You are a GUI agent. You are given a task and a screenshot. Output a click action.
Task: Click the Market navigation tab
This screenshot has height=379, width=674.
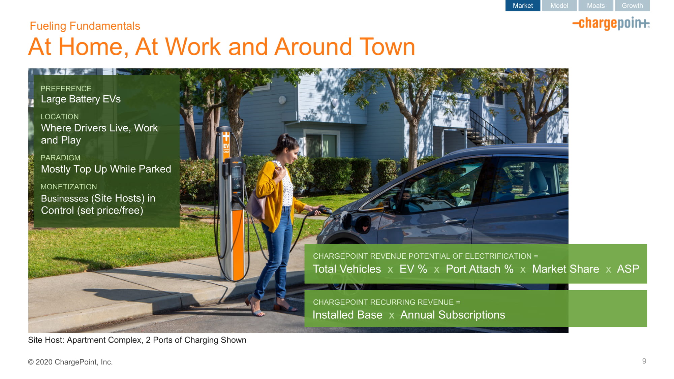[523, 6]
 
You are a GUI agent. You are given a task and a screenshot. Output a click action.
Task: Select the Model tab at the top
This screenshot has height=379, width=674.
[559, 6]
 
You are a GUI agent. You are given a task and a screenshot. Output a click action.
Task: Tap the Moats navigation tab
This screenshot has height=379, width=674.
[596, 6]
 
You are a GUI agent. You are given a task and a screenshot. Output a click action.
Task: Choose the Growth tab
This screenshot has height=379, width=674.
[632, 6]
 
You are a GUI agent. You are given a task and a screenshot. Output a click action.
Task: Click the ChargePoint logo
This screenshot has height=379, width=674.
[611, 23]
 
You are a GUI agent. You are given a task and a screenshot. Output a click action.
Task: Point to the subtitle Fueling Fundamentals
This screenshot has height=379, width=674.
[85, 26]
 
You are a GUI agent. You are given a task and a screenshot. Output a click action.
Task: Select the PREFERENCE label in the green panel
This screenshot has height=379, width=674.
[66, 89]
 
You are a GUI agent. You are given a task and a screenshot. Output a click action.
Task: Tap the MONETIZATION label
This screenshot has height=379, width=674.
[69, 187]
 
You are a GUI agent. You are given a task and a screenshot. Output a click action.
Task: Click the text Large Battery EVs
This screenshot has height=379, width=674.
[81, 99]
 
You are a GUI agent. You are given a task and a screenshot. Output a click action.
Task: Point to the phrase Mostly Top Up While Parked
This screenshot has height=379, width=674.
[106, 169]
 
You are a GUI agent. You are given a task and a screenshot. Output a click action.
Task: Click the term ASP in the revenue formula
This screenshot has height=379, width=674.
[628, 269]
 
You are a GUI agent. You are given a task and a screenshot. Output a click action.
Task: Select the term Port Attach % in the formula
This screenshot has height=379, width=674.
[480, 269]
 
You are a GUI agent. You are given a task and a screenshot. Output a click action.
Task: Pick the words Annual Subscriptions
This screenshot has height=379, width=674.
[453, 315]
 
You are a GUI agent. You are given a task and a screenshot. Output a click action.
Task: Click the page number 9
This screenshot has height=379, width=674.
[644, 361]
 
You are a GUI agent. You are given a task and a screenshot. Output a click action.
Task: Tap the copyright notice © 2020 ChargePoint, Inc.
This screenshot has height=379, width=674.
[70, 362]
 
